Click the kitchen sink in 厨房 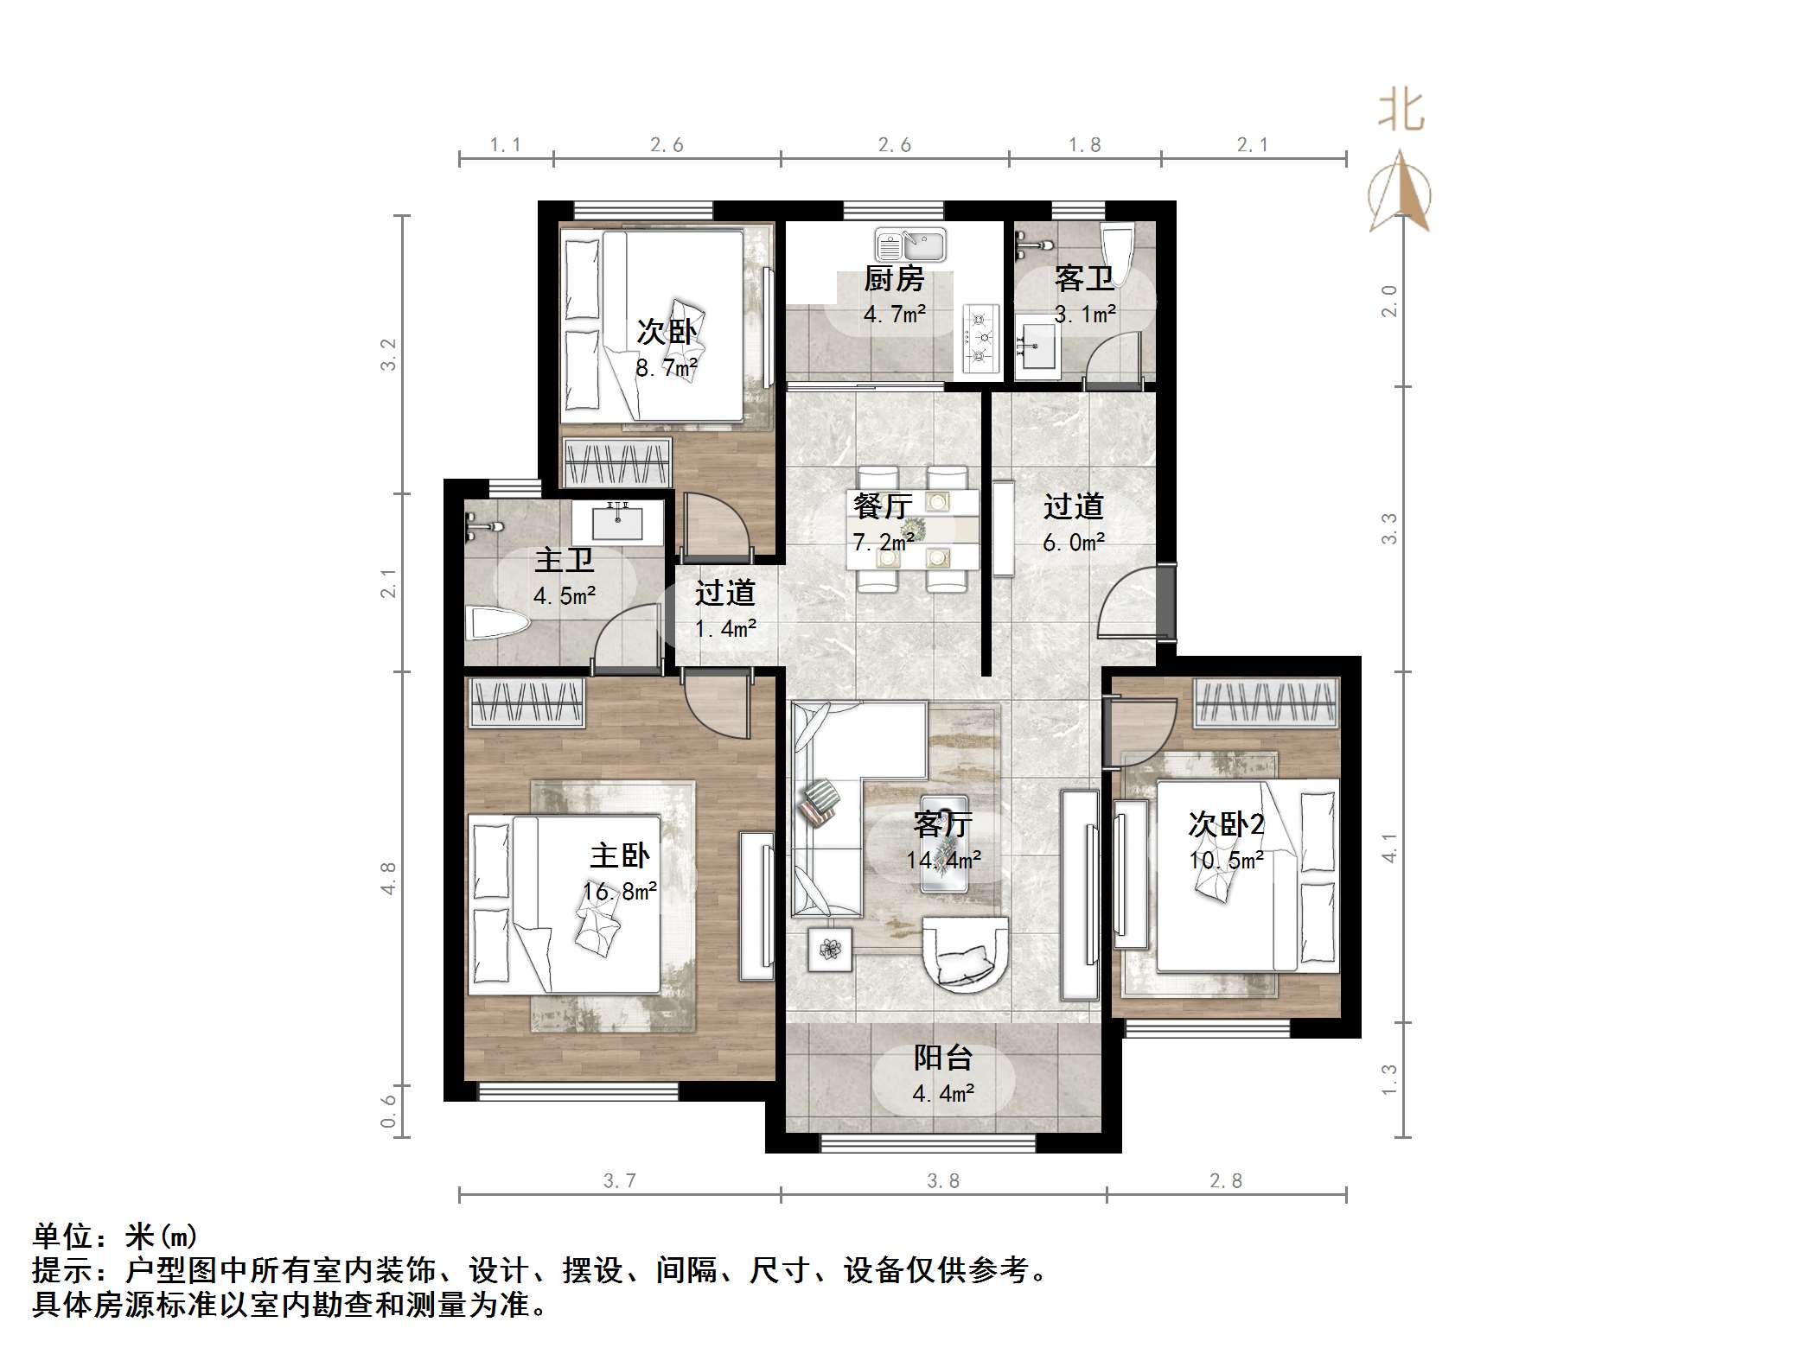909,245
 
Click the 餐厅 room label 882,506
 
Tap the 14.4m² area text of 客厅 942,860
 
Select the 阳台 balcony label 943,1058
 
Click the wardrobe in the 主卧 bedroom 526,701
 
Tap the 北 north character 1401,112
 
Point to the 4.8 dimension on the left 389,877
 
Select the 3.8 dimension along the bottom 942,1180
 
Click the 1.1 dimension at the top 505,145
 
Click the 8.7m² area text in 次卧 666,369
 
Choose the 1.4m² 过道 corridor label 725,629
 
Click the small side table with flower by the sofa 830,949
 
